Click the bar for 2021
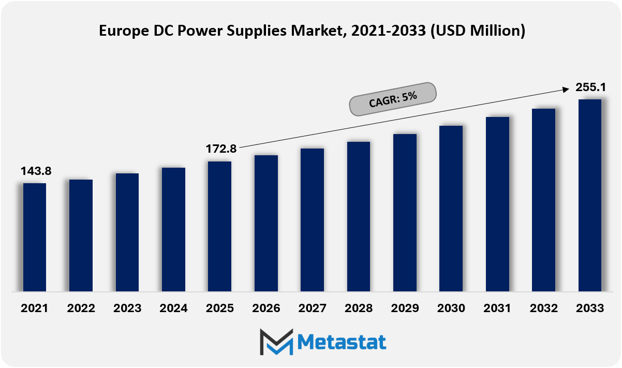(x=35, y=237)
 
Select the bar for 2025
(x=219, y=226)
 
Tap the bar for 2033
(x=590, y=195)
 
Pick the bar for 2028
(x=359, y=217)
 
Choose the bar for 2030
(x=451, y=209)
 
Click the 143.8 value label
(x=36, y=171)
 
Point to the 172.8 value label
(x=221, y=149)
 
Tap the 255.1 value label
(x=590, y=87)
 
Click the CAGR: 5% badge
(x=393, y=99)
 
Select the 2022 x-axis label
(x=81, y=308)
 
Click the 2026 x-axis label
(x=266, y=308)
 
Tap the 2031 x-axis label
(x=497, y=308)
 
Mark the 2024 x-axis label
(x=173, y=308)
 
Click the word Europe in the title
(x=124, y=31)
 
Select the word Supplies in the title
(x=257, y=31)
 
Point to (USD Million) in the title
(x=478, y=31)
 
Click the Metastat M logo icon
(x=276, y=342)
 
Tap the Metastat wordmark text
(x=342, y=342)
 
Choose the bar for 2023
(x=127, y=232)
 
